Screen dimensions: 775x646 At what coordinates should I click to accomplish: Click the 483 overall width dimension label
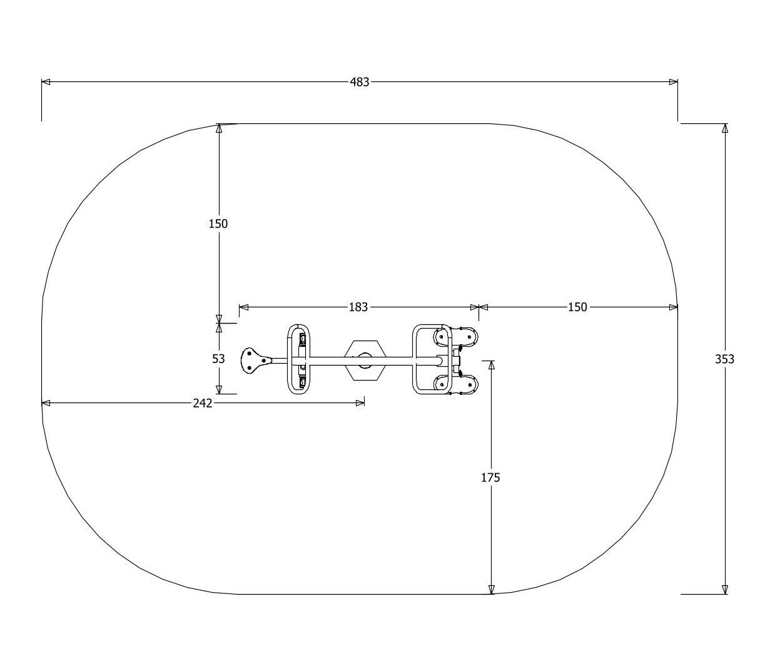(359, 82)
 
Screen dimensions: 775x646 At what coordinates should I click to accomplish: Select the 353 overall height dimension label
(724, 359)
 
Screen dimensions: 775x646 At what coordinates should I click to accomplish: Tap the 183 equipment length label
(358, 307)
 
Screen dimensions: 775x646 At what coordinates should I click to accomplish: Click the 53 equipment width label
(218, 359)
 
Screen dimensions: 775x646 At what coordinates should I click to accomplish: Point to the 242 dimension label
(203, 403)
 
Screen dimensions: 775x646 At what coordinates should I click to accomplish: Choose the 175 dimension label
(490, 478)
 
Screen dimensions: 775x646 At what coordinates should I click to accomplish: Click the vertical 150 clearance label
(218, 224)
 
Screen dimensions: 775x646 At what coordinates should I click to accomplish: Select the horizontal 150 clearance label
(577, 307)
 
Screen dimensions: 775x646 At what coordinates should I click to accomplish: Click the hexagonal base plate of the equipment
(365, 361)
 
